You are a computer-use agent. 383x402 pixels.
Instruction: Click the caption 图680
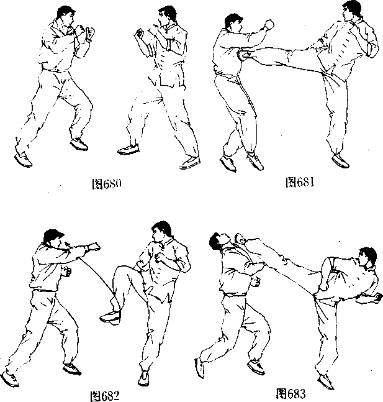tap(106, 183)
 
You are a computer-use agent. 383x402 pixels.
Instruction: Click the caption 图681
tap(299, 182)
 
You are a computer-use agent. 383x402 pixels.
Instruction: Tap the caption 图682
tap(106, 396)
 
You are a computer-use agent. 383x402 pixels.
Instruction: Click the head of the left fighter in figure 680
tap(66, 15)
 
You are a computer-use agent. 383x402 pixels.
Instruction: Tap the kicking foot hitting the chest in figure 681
tap(245, 55)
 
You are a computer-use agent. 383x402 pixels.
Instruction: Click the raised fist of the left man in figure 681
tap(269, 24)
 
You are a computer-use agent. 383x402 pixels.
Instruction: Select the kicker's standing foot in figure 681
tap(340, 160)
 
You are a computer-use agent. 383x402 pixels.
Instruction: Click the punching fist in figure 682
tap(94, 247)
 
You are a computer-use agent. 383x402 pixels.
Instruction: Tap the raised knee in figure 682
tap(120, 272)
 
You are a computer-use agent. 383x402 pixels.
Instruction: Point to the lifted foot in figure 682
tap(110, 317)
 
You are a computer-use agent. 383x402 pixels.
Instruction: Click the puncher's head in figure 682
tap(54, 238)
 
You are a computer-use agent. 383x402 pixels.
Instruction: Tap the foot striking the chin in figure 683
tap(241, 238)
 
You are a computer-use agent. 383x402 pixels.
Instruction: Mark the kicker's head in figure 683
tap(367, 257)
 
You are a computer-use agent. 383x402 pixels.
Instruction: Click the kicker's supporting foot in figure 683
tap(325, 381)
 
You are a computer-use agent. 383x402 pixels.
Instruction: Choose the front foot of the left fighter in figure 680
tap(79, 144)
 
